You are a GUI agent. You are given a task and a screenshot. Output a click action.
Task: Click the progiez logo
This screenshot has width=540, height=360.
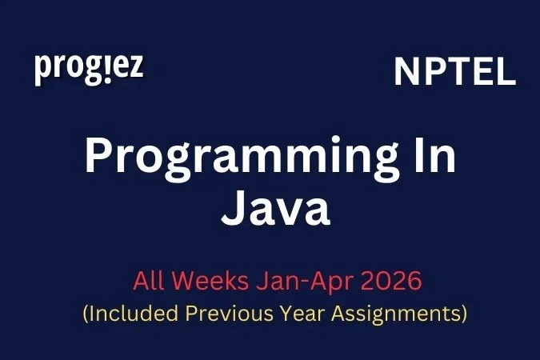click(89, 69)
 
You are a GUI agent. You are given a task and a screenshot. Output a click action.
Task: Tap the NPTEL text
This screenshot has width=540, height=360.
click(454, 74)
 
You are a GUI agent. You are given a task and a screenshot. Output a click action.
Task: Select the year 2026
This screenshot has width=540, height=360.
click(380, 282)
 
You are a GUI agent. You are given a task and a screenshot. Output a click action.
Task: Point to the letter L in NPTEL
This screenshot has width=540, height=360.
click(505, 74)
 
